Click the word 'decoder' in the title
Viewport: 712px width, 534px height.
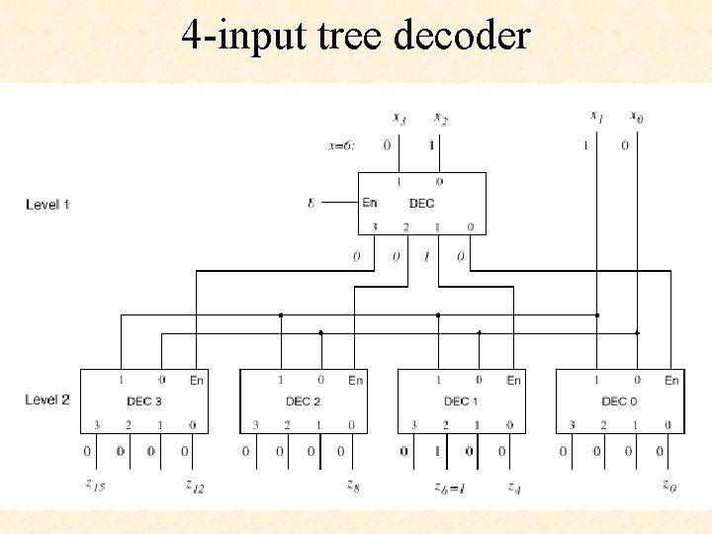pyautogui.click(x=462, y=36)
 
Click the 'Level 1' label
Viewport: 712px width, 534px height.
pyautogui.click(x=47, y=205)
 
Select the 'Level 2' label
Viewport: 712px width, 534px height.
pyautogui.click(x=47, y=400)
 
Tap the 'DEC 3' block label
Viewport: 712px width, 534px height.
pyautogui.click(x=144, y=401)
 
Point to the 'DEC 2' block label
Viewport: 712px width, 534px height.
pyautogui.click(x=304, y=401)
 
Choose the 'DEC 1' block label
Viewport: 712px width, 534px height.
pyautogui.click(x=461, y=401)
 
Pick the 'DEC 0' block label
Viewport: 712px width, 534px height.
pyautogui.click(x=620, y=401)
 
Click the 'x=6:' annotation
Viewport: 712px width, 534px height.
pyautogui.click(x=341, y=145)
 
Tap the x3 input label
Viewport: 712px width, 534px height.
pyautogui.click(x=399, y=119)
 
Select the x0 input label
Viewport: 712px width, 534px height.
pyautogui.click(x=637, y=117)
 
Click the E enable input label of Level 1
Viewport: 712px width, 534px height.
pyautogui.click(x=311, y=203)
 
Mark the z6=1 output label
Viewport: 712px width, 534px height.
pyautogui.click(x=451, y=486)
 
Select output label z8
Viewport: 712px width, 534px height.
pyautogui.click(x=352, y=485)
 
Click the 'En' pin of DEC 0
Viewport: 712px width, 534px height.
pyautogui.click(x=671, y=380)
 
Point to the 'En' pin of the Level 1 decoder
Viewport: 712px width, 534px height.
pyautogui.click(x=370, y=203)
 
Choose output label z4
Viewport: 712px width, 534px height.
pyautogui.click(x=514, y=486)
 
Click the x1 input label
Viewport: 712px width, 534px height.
pyautogui.click(x=596, y=117)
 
